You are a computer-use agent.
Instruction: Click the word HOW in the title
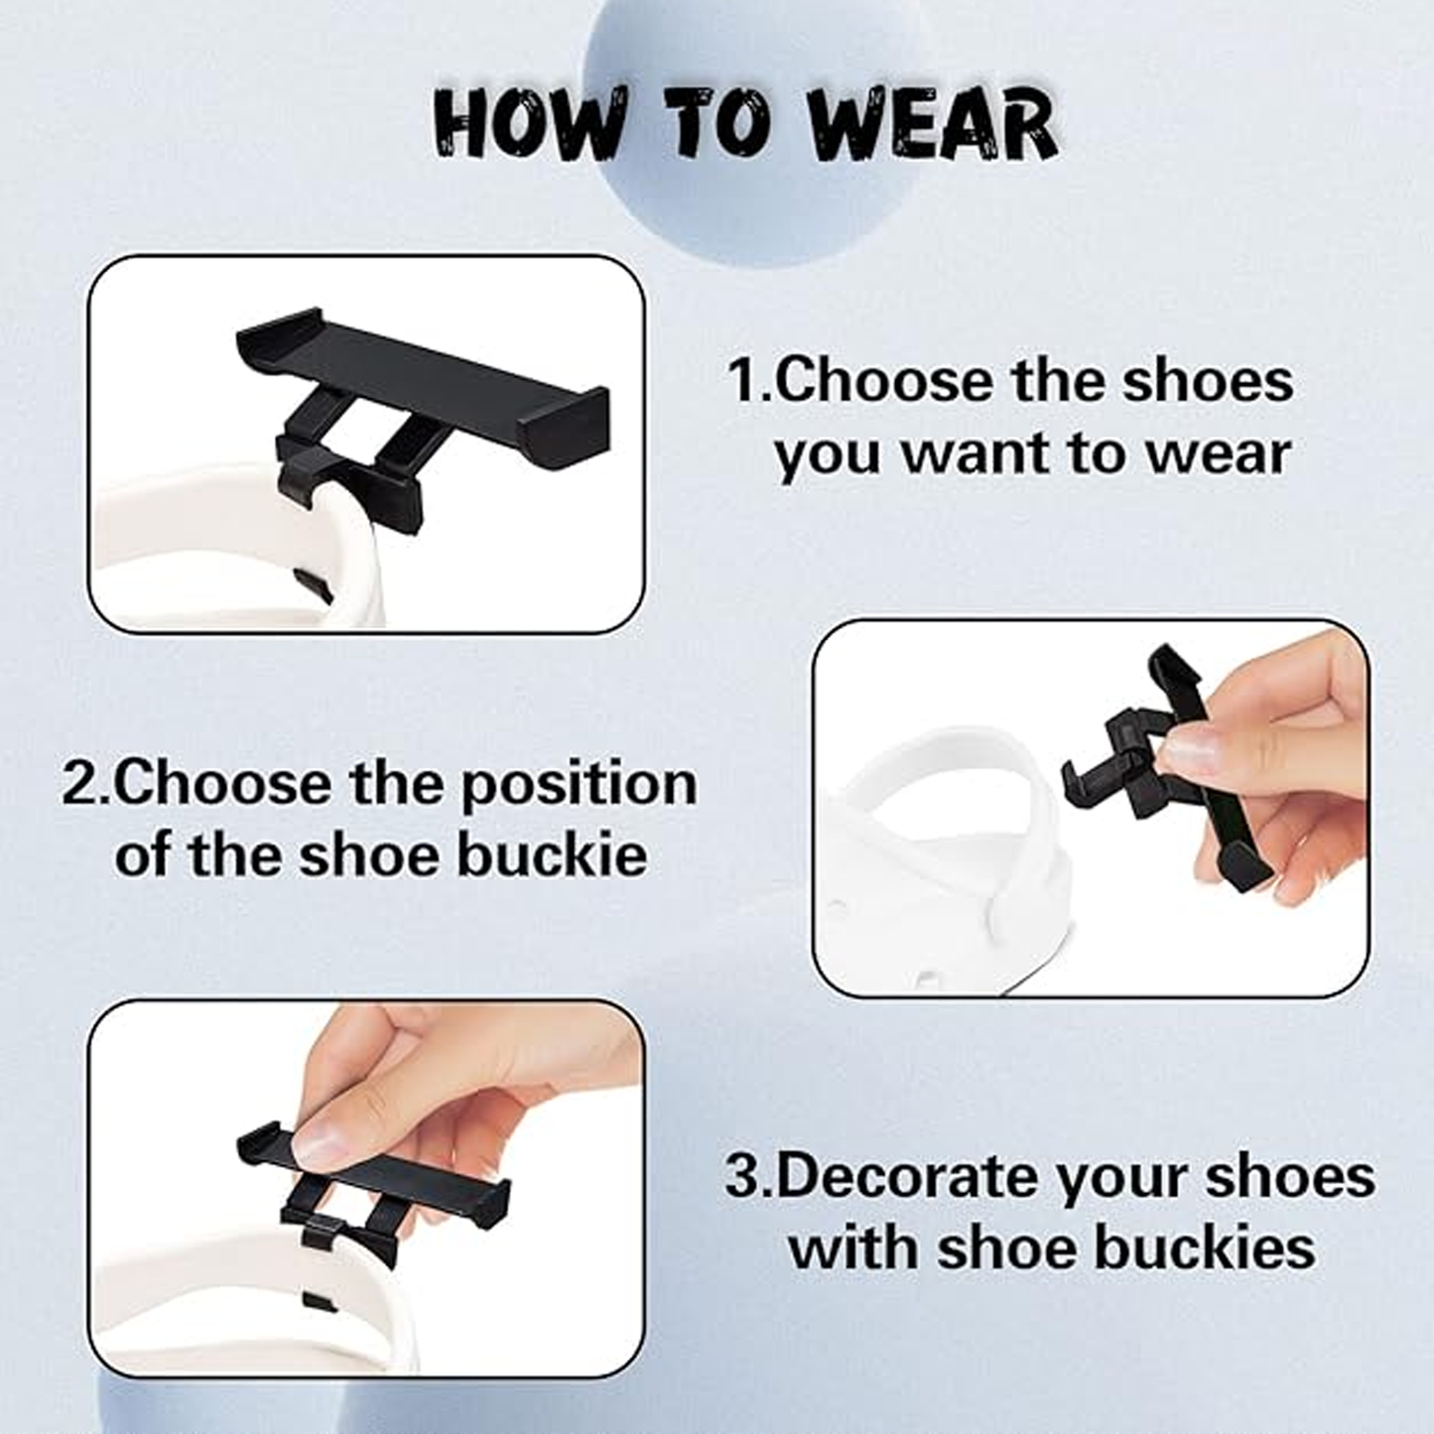pyautogui.click(x=528, y=126)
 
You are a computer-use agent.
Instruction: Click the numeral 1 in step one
pyautogui.click(x=745, y=381)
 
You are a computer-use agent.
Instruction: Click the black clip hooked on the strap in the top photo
pyautogui.click(x=349, y=476)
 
